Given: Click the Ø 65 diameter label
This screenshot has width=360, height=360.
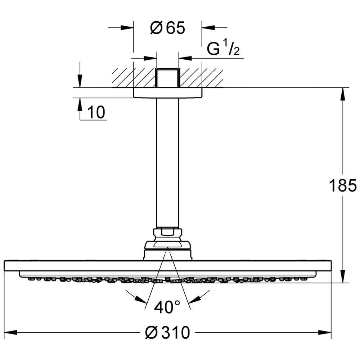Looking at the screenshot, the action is (167, 28).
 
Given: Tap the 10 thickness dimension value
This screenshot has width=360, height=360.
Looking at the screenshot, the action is (96, 112).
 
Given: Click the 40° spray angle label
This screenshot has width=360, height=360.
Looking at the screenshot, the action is (167, 307).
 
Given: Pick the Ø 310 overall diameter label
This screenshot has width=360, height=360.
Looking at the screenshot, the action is (168, 332).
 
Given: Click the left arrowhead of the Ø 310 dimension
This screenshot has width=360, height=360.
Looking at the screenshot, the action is (11, 332).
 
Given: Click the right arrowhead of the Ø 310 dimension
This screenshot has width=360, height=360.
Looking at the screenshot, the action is (324, 332).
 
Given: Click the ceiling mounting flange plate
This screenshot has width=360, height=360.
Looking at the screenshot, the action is (168, 93).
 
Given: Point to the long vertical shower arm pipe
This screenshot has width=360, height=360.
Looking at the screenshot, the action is (168, 163).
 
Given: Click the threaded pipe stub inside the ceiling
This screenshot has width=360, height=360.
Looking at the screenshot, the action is (168, 78).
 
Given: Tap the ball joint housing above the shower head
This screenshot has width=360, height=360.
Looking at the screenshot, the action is (168, 251).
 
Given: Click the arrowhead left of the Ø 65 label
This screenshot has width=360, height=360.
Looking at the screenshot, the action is (127, 28).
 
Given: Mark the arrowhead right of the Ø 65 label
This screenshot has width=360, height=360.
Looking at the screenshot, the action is (208, 28).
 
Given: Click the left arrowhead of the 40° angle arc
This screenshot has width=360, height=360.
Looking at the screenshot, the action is (140, 299).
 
